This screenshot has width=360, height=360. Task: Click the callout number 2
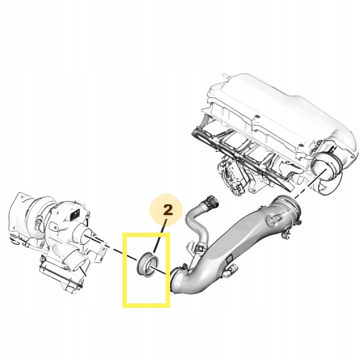point(168,210)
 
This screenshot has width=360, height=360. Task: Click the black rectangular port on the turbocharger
point(74,215)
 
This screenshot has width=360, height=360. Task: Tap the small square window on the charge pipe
point(229,260)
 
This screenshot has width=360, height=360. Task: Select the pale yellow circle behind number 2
point(166,210)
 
